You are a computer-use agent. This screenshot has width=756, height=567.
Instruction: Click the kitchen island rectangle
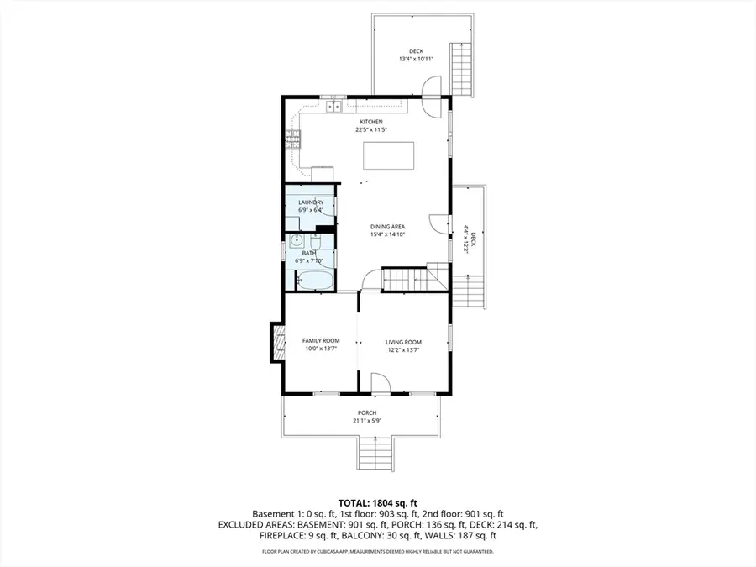pyautogui.click(x=389, y=155)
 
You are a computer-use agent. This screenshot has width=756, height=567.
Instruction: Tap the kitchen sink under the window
pyautogui.click(x=333, y=106)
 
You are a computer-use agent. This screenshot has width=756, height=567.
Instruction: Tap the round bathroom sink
pyautogui.click(x=296, y=242)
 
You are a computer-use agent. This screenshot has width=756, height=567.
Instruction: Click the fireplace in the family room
pyautogui.click(x=275, y=342)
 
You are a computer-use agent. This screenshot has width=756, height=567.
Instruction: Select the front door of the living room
pyautogui.click(x=381, y=385)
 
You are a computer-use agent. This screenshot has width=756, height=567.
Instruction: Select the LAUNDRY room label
pyautogui.click(x=311, y=202)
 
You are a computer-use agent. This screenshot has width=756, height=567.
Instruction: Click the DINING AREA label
pyautogui.click(x=388, y=227)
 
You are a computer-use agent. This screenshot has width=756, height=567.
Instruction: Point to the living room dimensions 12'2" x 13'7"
pyautogui.click(x=403, y=349)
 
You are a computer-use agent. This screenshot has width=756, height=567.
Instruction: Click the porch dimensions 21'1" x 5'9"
pyautogui.click(x=367, y=421)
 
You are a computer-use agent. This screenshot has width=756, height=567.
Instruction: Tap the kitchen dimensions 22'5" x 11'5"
pyautogui.click(x=371, y=129)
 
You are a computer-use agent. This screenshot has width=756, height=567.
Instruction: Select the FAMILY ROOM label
pyautogui.click(x=320, y=341)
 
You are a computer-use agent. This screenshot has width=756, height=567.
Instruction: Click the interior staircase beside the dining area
pyautogui.click(x=406, y=278)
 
